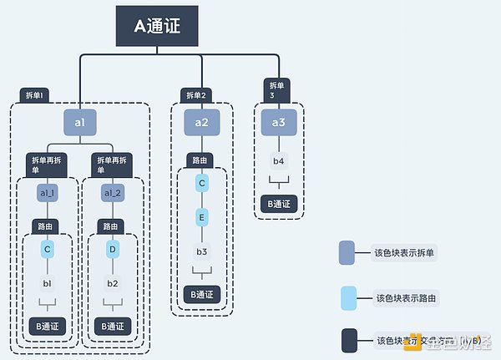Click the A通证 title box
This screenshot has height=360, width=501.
coord(157,26)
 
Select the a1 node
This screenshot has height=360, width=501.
coord(80,124)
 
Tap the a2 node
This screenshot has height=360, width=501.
coord(202,124)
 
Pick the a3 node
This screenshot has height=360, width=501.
coord(279,124)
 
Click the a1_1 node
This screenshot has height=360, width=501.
coord(48,193)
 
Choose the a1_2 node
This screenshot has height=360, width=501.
coord(113,193)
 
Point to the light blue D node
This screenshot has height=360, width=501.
coord(113,249)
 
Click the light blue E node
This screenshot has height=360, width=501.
coord(202,216)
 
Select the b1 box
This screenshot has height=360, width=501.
coord(48,283)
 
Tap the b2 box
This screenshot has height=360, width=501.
coord(113,283)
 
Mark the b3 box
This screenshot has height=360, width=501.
coord(202,251)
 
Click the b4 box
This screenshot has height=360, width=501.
coord(279,161)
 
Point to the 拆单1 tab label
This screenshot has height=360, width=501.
coord(34,96)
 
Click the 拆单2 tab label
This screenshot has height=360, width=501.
coord(196,96)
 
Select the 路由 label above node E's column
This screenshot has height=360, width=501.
coord(201,160)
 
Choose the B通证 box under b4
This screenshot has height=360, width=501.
coord(279,204)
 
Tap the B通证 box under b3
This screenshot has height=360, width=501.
coord(202,294)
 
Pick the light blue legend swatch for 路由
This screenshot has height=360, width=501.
coord(350,297)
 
